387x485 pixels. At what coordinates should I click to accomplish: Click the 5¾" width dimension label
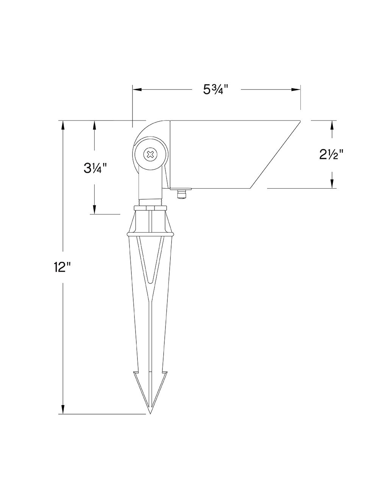[x=216, y=90]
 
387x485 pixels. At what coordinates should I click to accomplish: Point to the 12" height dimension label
[x=62, y=267]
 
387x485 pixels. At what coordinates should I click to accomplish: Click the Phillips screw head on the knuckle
[x=150, y=154]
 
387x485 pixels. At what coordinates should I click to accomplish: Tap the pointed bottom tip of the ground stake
[x=150, y=413]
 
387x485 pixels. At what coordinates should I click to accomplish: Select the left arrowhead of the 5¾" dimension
[x=137, y=90]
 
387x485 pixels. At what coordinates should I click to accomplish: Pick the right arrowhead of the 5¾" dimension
[x=296, y=90]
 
